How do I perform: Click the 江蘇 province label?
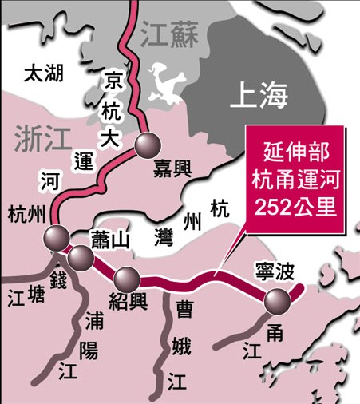point(166,35)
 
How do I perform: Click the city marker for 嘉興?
point(148,145)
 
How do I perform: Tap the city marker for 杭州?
point(56,237)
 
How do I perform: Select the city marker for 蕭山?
point(81,257)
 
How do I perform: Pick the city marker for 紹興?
point(127,279)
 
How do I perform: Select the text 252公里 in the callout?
point(296,206)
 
